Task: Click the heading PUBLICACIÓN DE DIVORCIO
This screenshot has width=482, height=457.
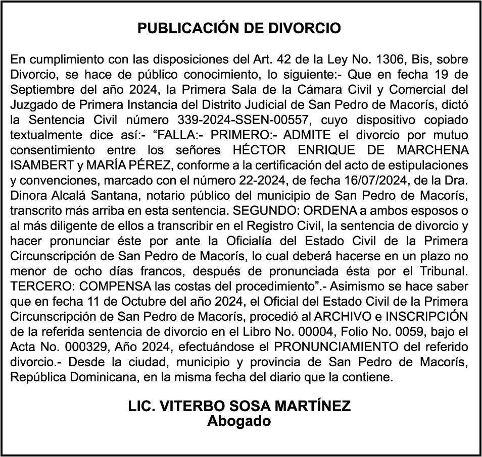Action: click(x=239, y=28)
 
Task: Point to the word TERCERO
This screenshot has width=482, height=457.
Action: click(x=36, y=285)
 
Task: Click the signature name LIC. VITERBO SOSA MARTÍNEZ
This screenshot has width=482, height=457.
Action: click(x=239, y=407)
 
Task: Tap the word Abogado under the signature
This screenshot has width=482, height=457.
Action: click(x=239, y=421)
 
